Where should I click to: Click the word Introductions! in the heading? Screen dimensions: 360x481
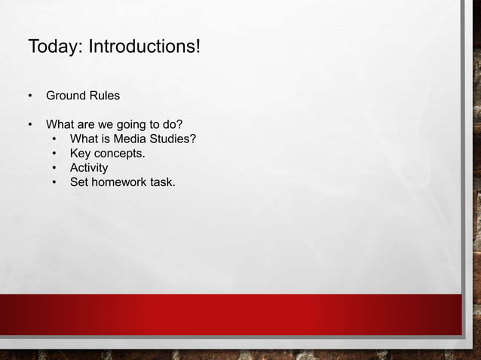pyautogui.click(x=145, y=47)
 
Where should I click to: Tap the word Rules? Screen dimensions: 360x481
pyautogui.click(x=105, y=96)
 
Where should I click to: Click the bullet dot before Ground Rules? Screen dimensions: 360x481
pyautogui.click(x=31, y=96)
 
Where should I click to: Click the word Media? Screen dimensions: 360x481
pyautogui.click(x=130, y=139)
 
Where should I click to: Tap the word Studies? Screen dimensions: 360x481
pyautogui.click(x=173, y=139)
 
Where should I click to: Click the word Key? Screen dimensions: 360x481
pyautogui.click(x=81, y=153)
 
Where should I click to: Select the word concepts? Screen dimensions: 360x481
pyautogui.click(x=120, y=154)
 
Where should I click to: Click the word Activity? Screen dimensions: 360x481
pyautogui.click(x=89, y=168)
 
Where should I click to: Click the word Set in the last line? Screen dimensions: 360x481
pyautogui.click(x=79, y=182)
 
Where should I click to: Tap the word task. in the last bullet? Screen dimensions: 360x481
pyautogui.click(x=162, y=182)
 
